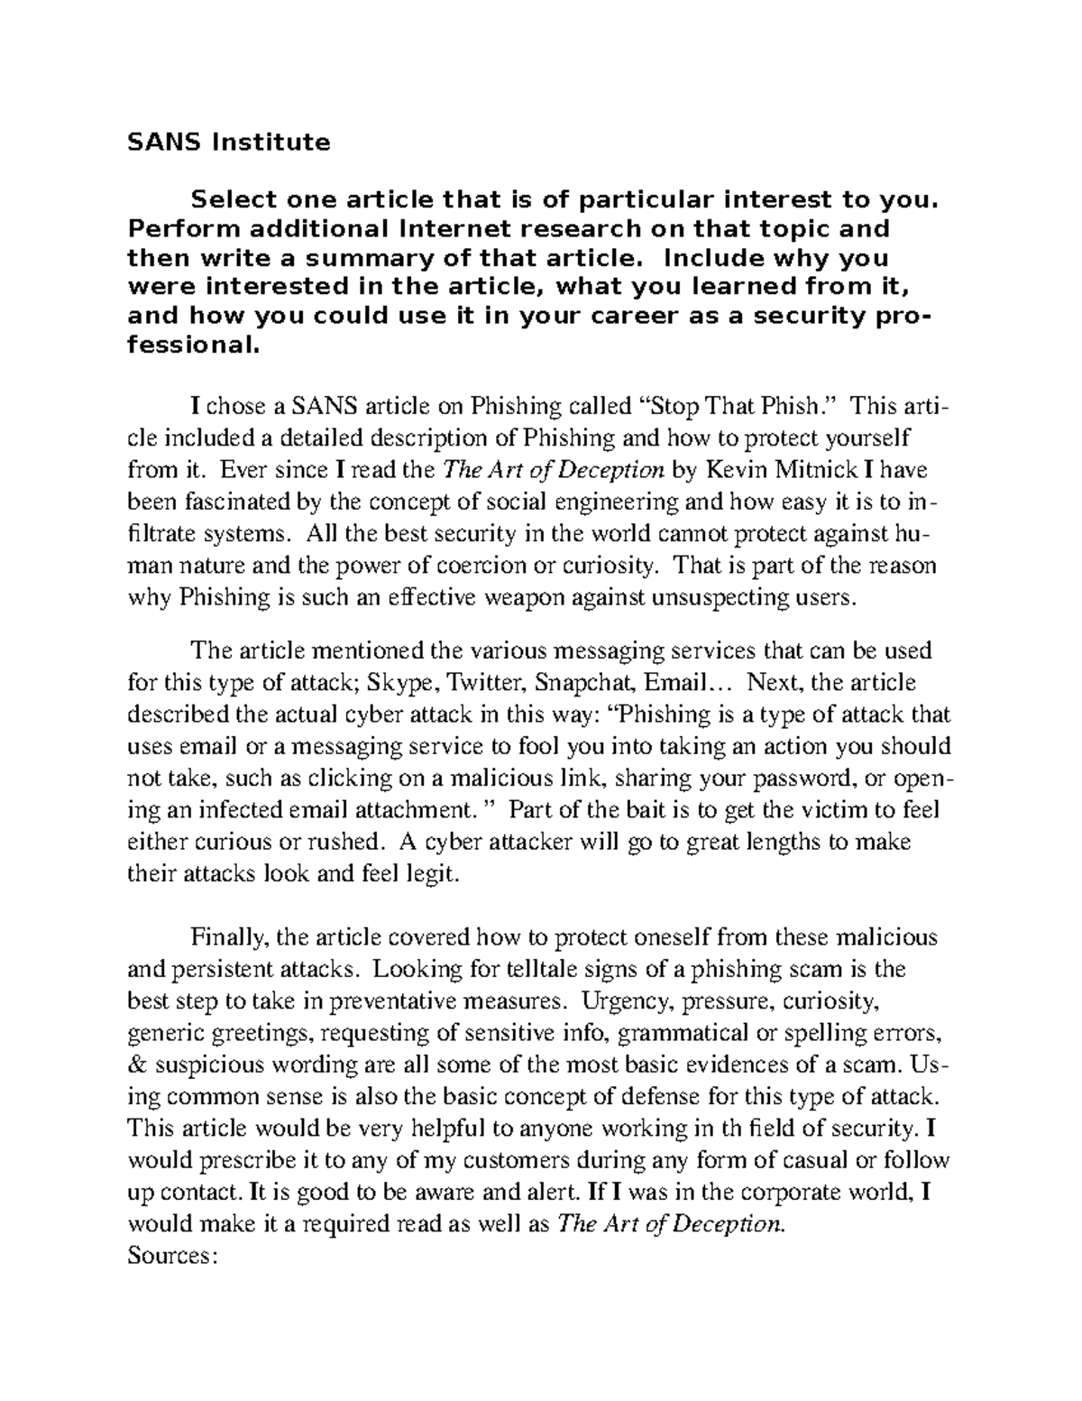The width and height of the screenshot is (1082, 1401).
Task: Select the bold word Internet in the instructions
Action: pyautogui.click(x=463, y=229)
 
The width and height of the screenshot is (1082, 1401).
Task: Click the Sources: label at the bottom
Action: pyautogui.click(x=171, y=1256)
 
